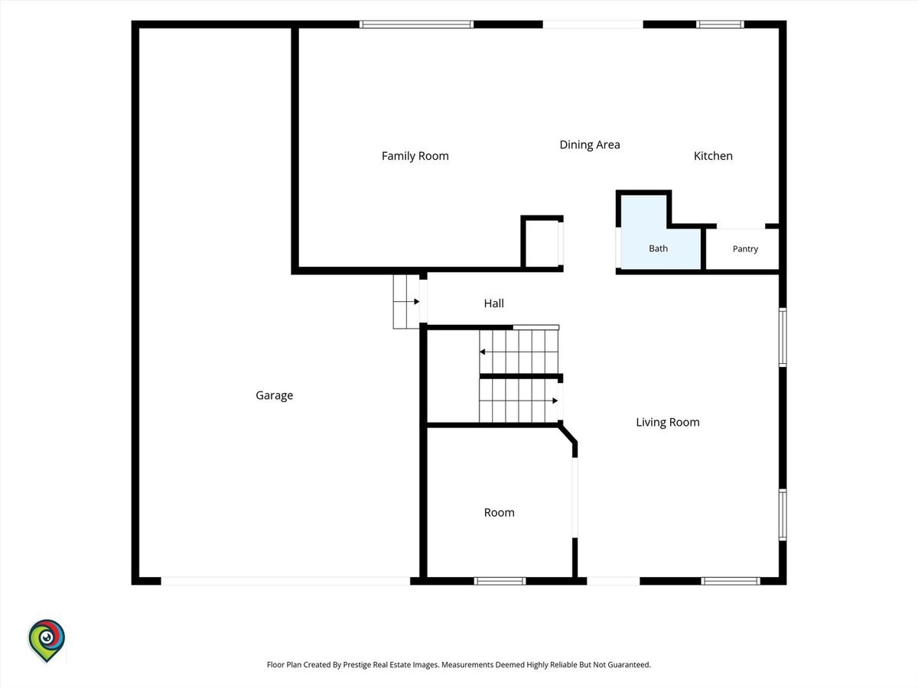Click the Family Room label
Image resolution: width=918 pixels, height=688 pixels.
(415, 156)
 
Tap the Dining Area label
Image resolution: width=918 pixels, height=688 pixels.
(590, 145)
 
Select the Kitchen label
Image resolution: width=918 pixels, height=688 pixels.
(713, 156)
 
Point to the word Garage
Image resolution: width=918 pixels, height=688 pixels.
(275, 395)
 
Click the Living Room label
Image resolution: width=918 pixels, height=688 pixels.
(668, 422)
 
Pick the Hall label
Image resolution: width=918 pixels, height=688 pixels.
(493, 303)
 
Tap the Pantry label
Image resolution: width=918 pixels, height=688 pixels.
(745, 249)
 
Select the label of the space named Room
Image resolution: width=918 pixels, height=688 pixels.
(499, 512)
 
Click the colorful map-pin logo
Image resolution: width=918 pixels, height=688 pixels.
(47, 640)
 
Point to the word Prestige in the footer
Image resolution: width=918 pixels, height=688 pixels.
(356, 664)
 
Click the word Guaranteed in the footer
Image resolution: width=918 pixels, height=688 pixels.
(629, 664)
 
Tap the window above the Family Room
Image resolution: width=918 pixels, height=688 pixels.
(417, 24)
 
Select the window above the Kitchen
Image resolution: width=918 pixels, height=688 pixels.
(720, 24)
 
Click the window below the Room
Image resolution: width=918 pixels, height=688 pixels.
(500, 581)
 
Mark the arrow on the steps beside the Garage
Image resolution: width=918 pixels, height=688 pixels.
(406, 302)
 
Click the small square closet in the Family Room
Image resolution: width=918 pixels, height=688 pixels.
(542, 243)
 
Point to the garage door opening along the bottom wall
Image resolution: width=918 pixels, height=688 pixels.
(285, 581)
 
